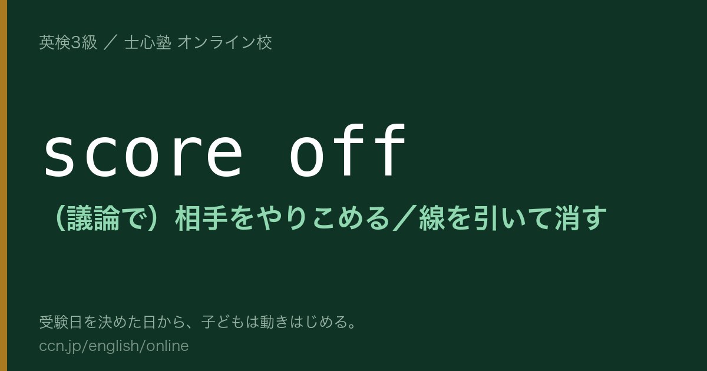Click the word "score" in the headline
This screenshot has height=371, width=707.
pyautogui.click(x=143, y=153)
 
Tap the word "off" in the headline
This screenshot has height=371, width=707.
pyautogui.click(x=348, y=150)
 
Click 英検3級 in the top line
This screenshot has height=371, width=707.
pyautogui.click(x=68, y=42)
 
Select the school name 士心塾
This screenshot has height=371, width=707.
pyautogui.click(x=148, y=42)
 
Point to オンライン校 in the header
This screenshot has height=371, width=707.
pyautogui.click(x=224, y=42)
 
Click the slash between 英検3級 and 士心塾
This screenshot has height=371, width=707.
pyautogui.click(x=111, y=42)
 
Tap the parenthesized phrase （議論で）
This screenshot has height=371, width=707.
pyautogui.click(x=105, y=218)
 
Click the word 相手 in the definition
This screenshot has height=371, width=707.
pyautogui.click(x=201, y=218)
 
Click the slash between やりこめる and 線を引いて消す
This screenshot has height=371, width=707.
pyautogui.click(x=405, y=218)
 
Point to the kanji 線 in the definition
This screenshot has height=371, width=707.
pyautogui.click(x=432, y=218)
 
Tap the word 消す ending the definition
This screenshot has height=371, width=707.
pyautogui.click(x=581, y=218)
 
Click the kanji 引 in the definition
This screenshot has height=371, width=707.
pyautogui.click(x=485, y=218)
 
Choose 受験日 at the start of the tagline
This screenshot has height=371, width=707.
pyautogui.click(x=61, y=322)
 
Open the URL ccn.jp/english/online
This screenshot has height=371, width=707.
pyautogui.click(x=114, y=346)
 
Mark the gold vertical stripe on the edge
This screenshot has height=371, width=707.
pyautogui.click(x=4, y=185)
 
